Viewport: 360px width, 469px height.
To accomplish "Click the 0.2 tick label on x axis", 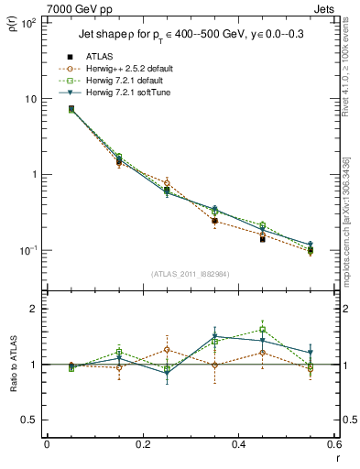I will (x=142, y=446).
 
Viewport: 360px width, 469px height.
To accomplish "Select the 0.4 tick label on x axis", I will (x=237, y=446).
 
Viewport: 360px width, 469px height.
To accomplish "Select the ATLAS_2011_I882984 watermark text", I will (x=190, y=274).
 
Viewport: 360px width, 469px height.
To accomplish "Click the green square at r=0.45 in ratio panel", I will (x=262, y=329).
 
